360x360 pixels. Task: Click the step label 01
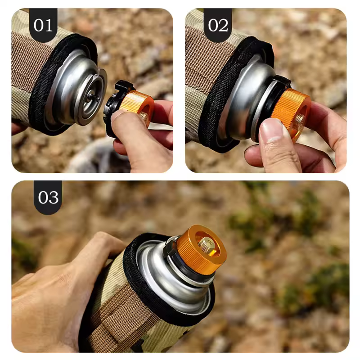pos(43,25)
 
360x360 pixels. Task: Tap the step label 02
pos(218,25)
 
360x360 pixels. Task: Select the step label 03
pos(48,198)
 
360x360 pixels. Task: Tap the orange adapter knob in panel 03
pos(201,249)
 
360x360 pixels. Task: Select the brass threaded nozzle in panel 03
pos(207,243)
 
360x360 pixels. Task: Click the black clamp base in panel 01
pos(115,108)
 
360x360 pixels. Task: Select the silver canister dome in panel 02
pos(243,101)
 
